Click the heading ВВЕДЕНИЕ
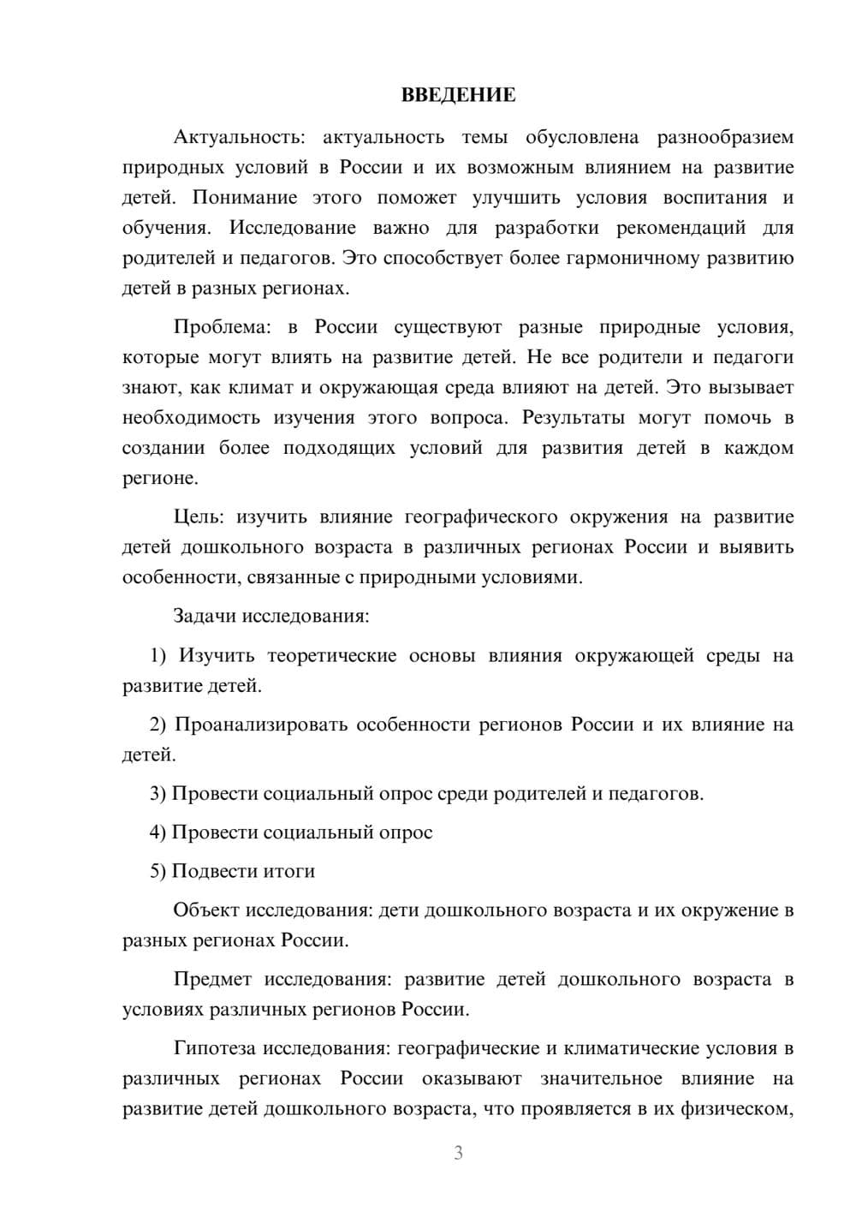point(458,95)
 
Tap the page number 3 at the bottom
point(458,1153)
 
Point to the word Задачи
point(205,616)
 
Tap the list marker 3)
point(158,794)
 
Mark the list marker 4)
point(158,832)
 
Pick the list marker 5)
point(158,871)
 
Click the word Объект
point(206,910)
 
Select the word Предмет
point(212,979)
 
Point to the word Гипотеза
point(215,1048)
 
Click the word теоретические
point(332,656)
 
